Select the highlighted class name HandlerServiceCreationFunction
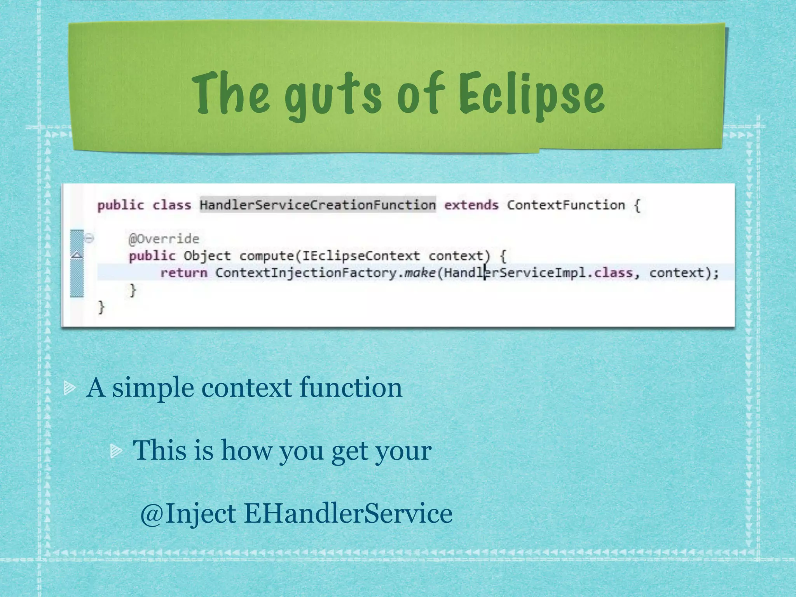pyautogui.click(x=318, y=205)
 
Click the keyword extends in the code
pyautogui.click(x=471, y=205)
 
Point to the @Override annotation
pyautogui.click(x=164, y=239)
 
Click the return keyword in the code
pyautogui.click(x=183, y=273)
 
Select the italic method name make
pyautogui.click(x=419, y=273)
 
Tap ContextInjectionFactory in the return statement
pyautogui.click(x=306, y=273)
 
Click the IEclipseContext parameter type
pyautogui.click(x=361, y=256)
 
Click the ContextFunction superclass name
pyautogui.click(x=566, y=205)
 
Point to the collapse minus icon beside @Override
pyautogui.click(x=89, y=238)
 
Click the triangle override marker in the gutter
pyautogui.click(x=77, y=255)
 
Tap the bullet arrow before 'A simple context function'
pyautogui.click(x=70, y=388)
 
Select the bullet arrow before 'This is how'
pyautogui.click(x=116, y=451)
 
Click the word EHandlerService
pyautogui.click(x=348, y=513)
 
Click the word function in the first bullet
pyautogui.click(x=351, y=388)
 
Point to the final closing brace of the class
pyautogui.click(x=101, y=307)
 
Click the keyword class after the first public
pyautogui.click(x=171, y=205)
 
